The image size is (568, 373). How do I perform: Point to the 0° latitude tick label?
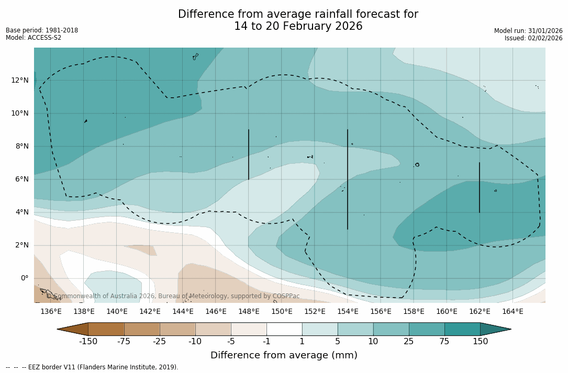point(24,278)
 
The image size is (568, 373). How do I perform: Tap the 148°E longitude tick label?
point(249,312)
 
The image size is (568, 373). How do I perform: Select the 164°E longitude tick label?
point(513,312)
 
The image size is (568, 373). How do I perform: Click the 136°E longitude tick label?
point(51,312)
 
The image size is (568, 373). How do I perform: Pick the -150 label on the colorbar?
point(88,342)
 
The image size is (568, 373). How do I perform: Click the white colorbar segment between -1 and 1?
point(284,329)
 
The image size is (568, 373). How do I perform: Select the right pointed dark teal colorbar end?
point(495,329)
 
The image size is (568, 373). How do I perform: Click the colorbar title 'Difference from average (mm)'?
point(284,356)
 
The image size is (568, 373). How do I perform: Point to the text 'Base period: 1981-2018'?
point(42,30)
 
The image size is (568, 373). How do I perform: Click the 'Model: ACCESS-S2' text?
point(34,38)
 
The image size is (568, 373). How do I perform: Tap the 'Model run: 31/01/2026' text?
point(528,31)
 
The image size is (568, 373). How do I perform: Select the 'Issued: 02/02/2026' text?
point(533,38)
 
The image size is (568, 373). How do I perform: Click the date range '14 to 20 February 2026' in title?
point(298,26)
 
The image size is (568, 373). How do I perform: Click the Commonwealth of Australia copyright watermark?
point(173,296)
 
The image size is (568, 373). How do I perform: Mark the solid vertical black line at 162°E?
point(479,187)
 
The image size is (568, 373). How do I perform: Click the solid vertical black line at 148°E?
point(249,154)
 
